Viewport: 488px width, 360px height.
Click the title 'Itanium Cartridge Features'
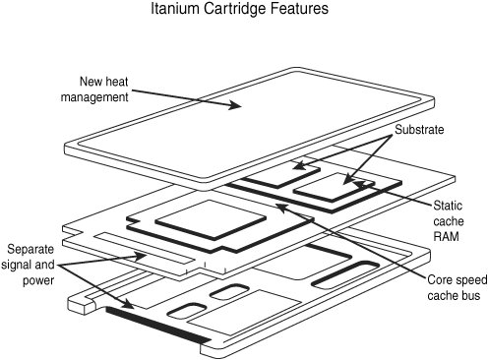click(x=239, y=9)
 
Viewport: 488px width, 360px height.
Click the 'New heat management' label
click(x=94, y=90)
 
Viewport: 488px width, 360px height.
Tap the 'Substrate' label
click(x=419, y=130)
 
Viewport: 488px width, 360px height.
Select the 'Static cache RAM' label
click(x=449, y=221)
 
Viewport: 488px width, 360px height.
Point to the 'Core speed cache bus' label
click(x=457, y=287)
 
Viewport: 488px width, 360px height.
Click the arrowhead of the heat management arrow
click(x=235, y=105)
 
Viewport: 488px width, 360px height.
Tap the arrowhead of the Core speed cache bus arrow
click(x=281, y=207)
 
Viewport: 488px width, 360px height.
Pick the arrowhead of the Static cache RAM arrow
click(x=359, y=184)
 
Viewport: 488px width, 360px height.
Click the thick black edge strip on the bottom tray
click(x=158, y=326)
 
